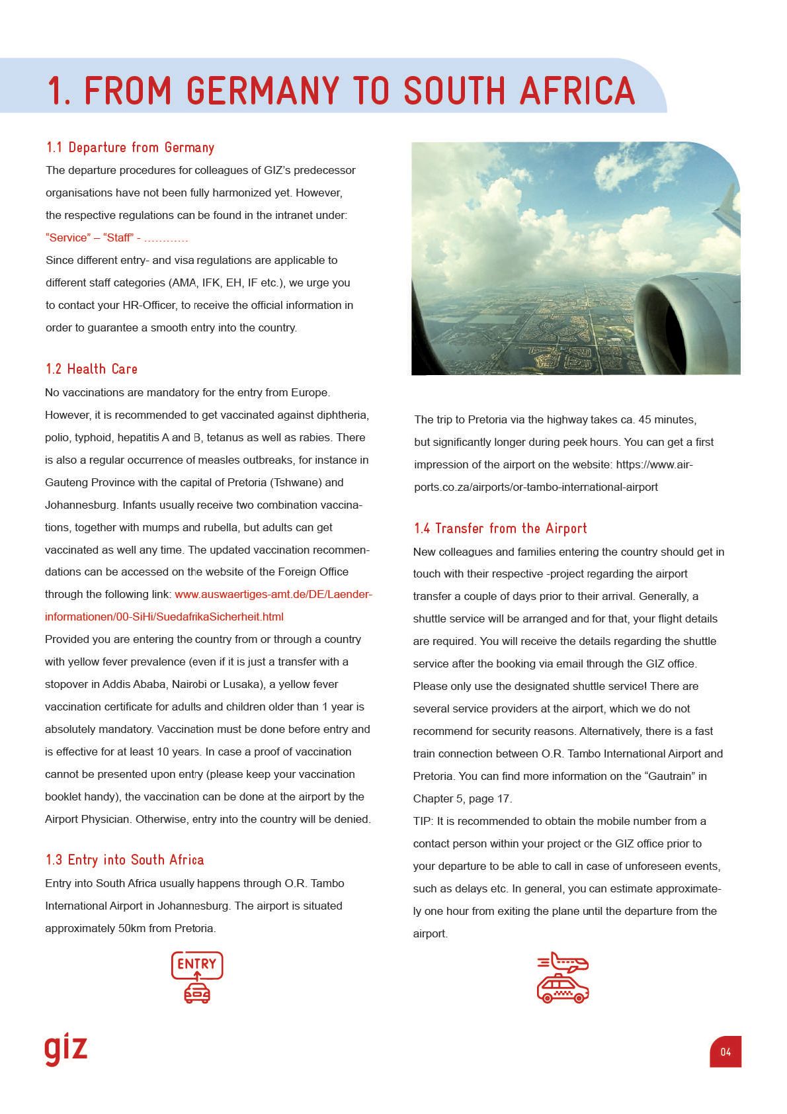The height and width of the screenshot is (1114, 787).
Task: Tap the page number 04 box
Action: tap(725, 1051)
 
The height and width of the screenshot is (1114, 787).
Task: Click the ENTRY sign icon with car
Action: tap(197, 976)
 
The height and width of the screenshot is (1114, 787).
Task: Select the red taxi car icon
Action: tap(563, 989)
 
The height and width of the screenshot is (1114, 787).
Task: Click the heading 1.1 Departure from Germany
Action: tap(130, 148)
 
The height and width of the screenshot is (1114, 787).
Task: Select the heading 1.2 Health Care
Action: tap(91, 369)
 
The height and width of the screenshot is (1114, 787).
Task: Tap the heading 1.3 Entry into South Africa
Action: tap(124, 860)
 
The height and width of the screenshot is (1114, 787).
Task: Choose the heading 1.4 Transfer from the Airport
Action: tap(500, 529)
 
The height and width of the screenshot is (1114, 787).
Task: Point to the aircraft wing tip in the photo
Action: tap(727, 206)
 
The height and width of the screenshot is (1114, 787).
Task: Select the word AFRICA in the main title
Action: tap(577, 91)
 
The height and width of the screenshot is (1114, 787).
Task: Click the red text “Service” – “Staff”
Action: tap(93, 238)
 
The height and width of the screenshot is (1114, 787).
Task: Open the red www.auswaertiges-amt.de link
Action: tap(273, 595)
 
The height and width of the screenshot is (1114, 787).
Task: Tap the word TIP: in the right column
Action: tap(424, 822)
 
